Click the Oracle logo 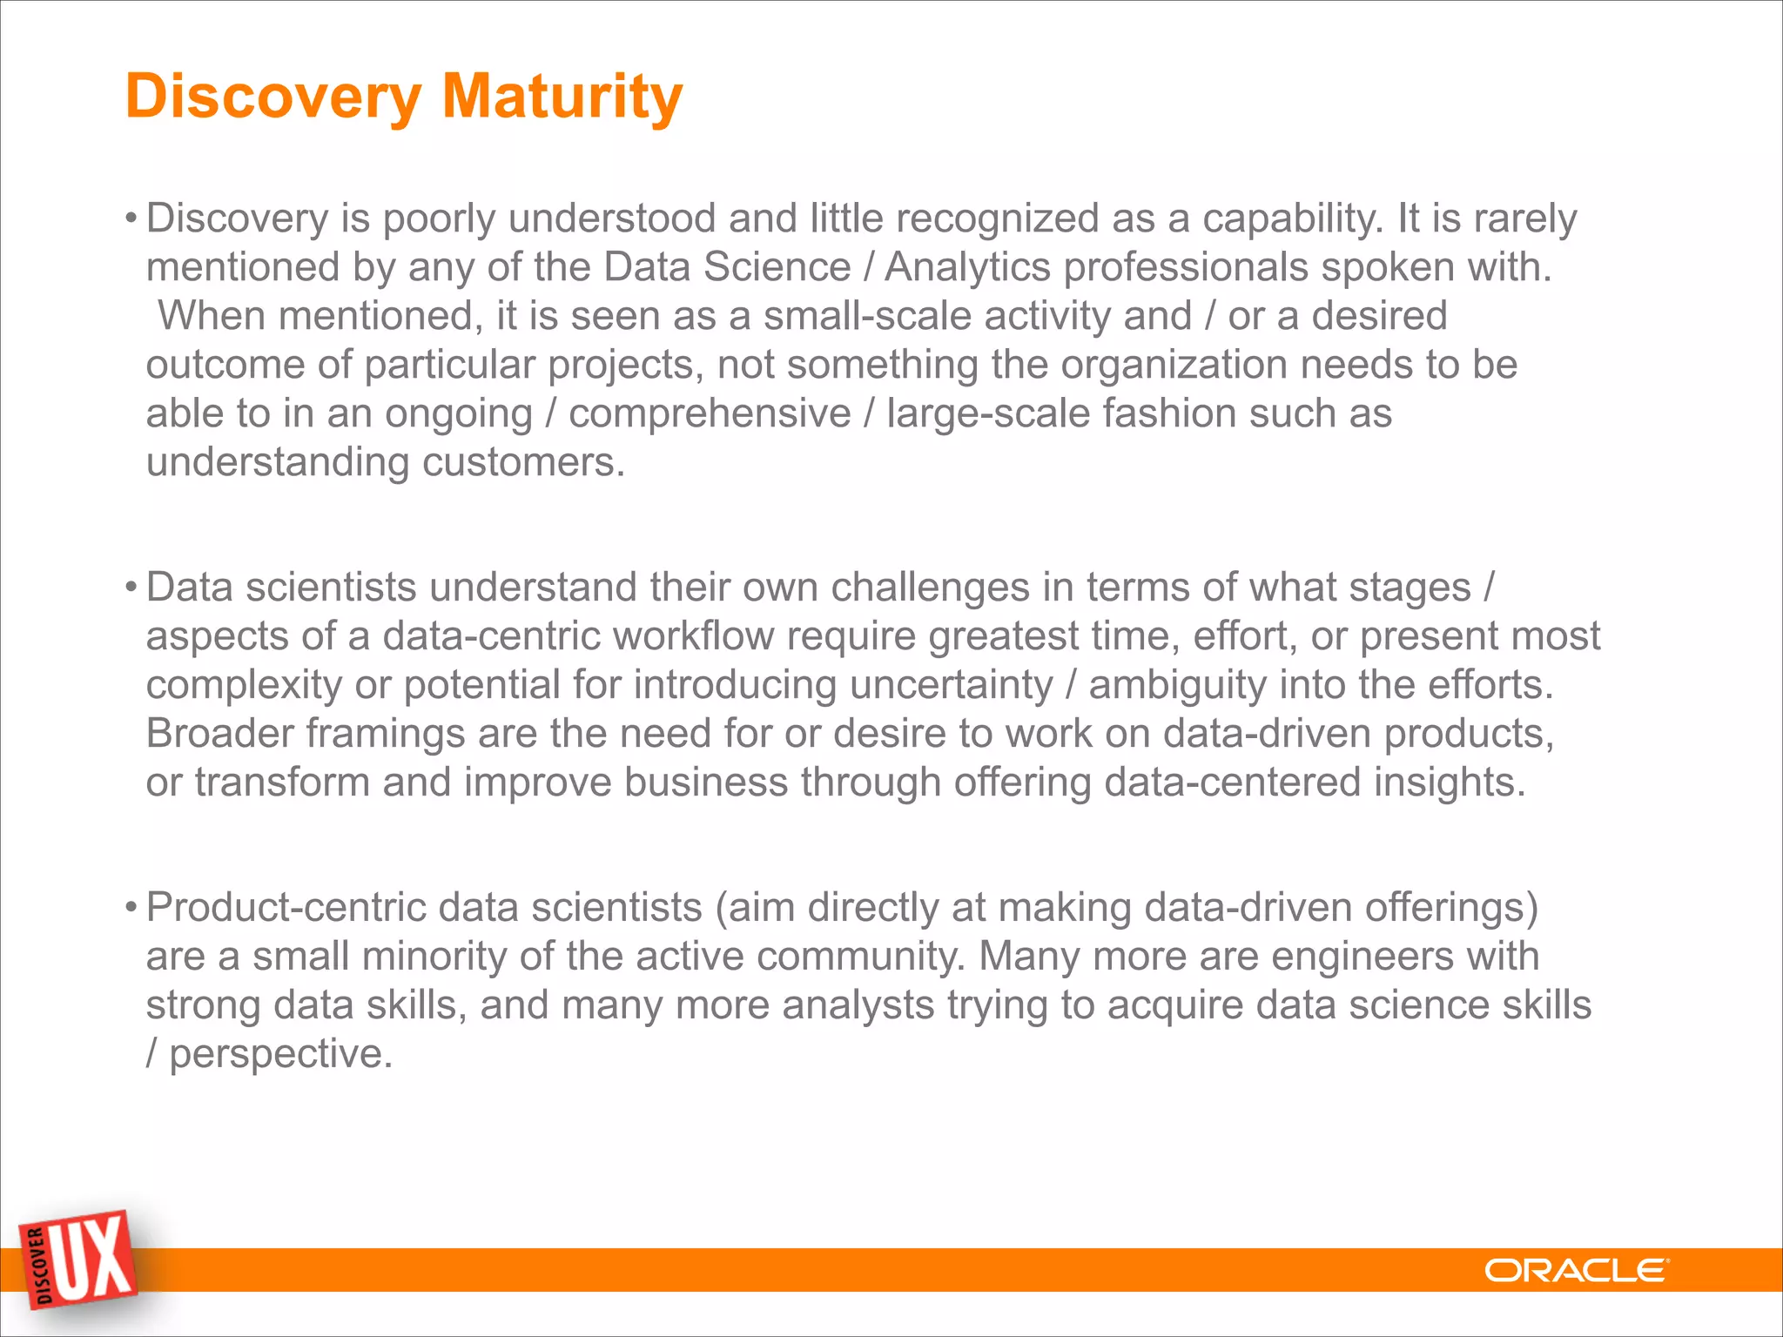1576,1271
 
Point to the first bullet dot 131,217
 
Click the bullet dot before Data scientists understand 131,586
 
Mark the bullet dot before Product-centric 131,906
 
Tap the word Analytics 967,266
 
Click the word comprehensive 710,413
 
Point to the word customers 523,461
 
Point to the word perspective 280,1053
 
